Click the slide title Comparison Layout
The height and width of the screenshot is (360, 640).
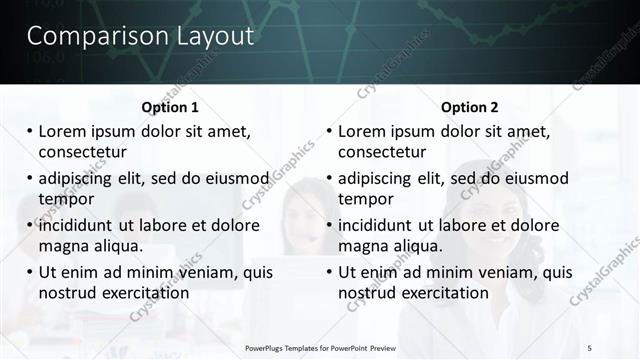coord(140,37)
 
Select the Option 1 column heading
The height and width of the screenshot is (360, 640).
coord(170,107)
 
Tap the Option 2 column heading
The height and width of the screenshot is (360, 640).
coord(469,107)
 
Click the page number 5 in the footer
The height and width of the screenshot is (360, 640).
coord(590,347)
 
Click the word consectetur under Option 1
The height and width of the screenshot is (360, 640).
coord(82,152)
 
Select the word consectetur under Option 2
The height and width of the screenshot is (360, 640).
coord(382,152)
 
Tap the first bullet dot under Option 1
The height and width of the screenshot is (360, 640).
coord(29,131)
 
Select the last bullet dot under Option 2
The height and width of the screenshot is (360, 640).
coord(329,272)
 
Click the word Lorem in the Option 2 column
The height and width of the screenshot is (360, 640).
coord(363,131)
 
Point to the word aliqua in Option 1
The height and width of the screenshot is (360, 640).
coord(117,246)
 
